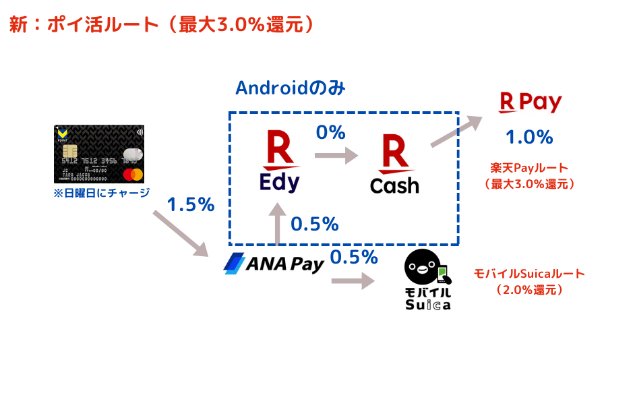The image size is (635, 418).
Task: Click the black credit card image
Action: [x=99, y=154]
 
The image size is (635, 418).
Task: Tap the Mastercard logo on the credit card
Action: [x=133, y=175]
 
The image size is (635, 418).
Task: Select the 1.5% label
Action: [x=190, y=204]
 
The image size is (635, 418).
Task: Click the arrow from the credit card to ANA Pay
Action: [x=181, y=233]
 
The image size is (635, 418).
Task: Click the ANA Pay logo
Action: [x=274, y=264]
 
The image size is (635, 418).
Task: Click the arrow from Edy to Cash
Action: [x=336, y=156]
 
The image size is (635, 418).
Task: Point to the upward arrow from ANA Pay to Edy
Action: [x=277, y=222]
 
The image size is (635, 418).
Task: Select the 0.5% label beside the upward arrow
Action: [x=314, y=224]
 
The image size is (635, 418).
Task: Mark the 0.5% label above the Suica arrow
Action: [x=354, y=257]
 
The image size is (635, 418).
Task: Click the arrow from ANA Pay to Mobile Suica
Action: [x=353, y=280]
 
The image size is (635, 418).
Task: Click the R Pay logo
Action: [x=530, y=102]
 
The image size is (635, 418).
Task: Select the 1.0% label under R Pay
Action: [x=529, y=137]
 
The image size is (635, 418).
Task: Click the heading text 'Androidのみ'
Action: [x=290, y=88]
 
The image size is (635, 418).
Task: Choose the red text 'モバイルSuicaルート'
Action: [x=529, y=274]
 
